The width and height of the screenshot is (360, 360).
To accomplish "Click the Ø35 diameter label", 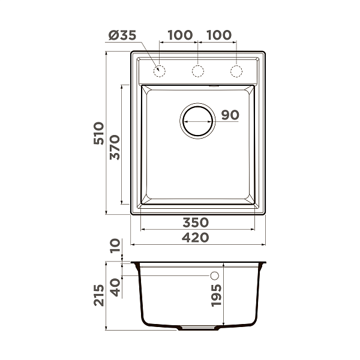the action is click(x=122, y=35).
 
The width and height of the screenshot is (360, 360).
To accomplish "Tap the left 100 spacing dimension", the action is click(x=180, y=35).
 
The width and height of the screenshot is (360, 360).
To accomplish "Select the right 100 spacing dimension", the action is click(x=219, y=35).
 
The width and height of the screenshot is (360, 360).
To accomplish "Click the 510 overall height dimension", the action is click(x=99, y=133).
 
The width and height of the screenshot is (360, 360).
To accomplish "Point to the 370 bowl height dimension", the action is click(x=115, y=148).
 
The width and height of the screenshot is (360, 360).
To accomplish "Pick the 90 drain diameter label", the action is click(x=230, y=115).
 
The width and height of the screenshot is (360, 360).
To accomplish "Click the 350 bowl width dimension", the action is click(x=196, y=223).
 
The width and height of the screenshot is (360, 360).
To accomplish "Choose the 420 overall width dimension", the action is click(x=196, y=238).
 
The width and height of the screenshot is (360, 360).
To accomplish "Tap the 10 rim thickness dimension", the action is click(x=115, y=246).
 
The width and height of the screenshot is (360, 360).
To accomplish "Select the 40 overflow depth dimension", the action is click(x=115, y=287).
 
